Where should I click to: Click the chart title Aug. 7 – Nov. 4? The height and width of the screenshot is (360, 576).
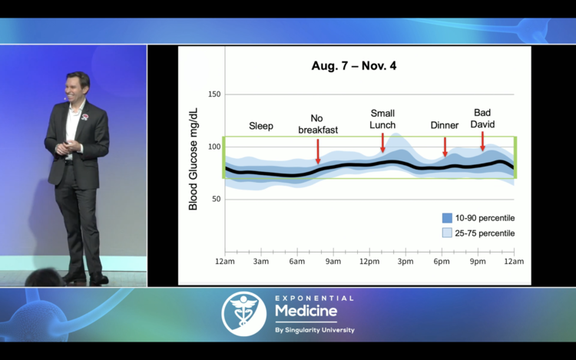coord(354,66)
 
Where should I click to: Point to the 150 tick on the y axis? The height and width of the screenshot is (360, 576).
coord(214,94)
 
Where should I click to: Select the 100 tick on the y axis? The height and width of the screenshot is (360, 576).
coord(214,147)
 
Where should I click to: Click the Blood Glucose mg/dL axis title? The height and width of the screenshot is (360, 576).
coord(193,159)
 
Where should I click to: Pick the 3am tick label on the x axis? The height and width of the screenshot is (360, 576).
coord(261,262)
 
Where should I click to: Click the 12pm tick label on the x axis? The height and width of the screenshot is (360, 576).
coord(369,262)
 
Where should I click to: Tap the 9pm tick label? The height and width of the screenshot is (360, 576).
coord(478,262)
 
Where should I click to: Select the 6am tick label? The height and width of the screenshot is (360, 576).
coord(297,262)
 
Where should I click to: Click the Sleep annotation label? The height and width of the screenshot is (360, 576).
coord(261,126)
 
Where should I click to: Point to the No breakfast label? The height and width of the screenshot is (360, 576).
coord(317,124)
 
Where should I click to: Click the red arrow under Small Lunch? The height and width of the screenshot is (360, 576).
coord(382,143)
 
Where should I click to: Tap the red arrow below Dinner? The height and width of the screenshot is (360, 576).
coord(445,147)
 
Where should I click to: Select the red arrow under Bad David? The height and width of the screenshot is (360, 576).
coord(482,140)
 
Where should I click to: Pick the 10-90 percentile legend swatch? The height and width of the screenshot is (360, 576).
coord(447,218)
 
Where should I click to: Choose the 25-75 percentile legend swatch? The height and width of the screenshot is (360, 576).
coord(447,233)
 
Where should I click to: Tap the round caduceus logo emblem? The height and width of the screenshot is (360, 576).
coord(244,313)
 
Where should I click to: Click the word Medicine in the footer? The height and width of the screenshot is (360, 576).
coord(306,311)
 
